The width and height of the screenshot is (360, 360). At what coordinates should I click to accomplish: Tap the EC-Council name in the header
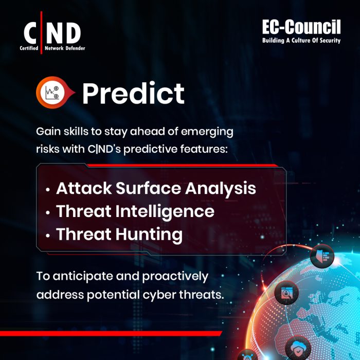coord(301,27)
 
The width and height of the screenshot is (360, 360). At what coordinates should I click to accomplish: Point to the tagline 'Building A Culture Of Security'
coord(301,40)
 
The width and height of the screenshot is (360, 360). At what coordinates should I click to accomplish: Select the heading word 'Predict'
coord(133,93)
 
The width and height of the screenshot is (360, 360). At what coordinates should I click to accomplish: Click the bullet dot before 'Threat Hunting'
coord(48,236)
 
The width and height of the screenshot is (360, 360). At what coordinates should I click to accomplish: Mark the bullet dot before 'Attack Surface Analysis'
coord(48,189)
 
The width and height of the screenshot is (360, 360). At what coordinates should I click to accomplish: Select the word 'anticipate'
coord(79,276)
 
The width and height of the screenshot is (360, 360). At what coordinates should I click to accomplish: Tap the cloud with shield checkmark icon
coord(298,346)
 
